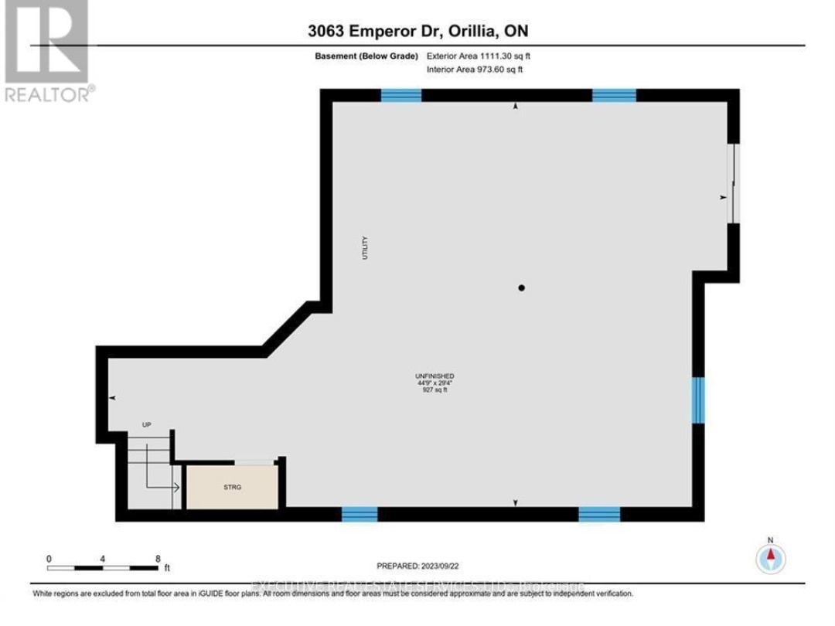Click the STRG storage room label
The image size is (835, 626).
[230, 488]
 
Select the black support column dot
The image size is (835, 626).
[522, 288]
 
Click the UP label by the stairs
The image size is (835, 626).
[146, 425]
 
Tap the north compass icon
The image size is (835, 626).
[770, 556]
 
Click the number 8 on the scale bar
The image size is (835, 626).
[158, 559]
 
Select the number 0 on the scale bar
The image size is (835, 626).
[49, 559]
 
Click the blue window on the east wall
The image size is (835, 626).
[699, 400]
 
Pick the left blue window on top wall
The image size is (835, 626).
[401, 95]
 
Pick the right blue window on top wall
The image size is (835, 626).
[614, 95]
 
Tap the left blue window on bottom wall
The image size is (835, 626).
[360, 514]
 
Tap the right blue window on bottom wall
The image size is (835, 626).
[599, 514]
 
